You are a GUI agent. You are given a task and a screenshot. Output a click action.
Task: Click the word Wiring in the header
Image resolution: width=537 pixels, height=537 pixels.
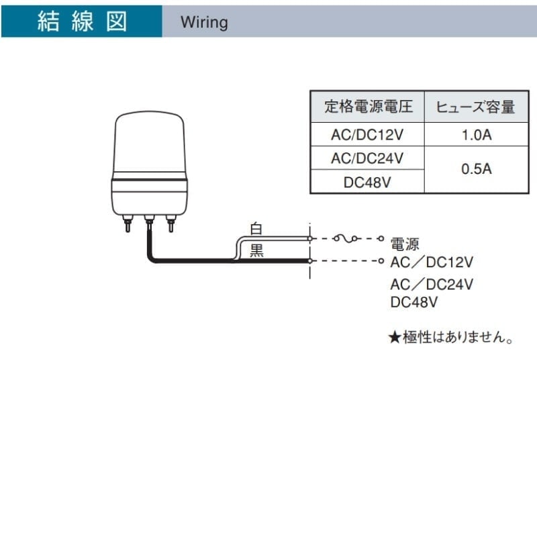coord(204,23)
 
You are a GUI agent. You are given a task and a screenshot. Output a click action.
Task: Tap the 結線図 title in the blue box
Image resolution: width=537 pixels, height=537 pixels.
coord(82,21)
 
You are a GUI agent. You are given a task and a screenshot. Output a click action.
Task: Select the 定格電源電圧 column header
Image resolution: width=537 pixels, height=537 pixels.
coord(368,107)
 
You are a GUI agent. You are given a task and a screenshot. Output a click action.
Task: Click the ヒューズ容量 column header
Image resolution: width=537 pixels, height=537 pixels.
coord(476,107)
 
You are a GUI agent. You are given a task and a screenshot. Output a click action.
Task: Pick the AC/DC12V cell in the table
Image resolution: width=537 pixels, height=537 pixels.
coord(367,135)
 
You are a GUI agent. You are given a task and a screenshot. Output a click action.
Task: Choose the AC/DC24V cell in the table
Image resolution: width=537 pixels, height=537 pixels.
coord(367,158)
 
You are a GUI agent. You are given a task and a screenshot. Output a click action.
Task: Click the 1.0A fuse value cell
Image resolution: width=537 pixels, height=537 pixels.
coord(477,135)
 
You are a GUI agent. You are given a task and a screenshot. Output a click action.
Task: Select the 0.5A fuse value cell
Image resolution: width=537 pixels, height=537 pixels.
coord(477,169)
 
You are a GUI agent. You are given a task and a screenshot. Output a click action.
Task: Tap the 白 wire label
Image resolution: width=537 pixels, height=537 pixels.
coord(256,228)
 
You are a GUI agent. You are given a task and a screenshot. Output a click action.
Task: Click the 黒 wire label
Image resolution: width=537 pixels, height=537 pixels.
coord(256,250)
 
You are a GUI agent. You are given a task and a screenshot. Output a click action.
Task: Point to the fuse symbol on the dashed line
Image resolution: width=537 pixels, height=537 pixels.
coord(346,238)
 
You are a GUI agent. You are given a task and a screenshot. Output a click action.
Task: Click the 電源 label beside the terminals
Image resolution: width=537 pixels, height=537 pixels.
coord(405,244)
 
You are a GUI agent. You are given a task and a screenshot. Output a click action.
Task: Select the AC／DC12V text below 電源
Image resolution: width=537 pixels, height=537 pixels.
coord(432,262)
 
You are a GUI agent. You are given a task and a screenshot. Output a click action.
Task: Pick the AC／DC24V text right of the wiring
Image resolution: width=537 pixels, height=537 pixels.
coord(432,284)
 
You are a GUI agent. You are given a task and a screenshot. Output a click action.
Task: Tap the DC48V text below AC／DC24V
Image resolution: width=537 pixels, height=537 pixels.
coord(413,302)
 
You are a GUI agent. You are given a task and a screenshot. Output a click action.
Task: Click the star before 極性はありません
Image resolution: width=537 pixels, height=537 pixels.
coord(395,338)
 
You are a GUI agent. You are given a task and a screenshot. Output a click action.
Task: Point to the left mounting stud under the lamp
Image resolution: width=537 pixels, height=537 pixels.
coord(128,224)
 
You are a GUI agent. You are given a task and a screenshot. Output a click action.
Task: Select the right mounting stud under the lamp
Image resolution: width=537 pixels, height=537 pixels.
coord(170,224)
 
